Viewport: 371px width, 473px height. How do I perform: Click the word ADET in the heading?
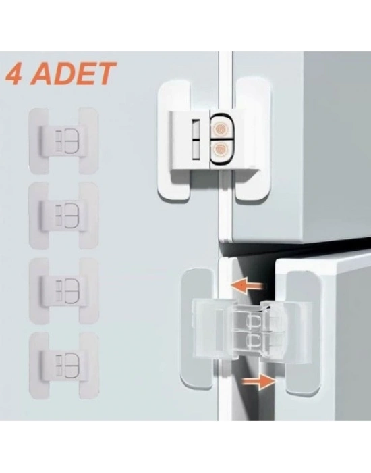click(77, 74)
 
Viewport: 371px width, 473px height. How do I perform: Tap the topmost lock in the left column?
click(63, 141)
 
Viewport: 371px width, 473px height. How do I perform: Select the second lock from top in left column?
click(63, 216)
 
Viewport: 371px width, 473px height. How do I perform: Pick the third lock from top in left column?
click(63, 291)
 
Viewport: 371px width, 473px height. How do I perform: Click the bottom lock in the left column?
click(63, 366)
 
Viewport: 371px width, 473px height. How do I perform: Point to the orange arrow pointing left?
click(248, 285)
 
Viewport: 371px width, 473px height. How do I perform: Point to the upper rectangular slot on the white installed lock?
click(196, 129)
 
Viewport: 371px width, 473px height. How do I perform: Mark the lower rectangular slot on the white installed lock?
click(196, 151)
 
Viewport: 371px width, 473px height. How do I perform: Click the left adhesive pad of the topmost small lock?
click(38, 141)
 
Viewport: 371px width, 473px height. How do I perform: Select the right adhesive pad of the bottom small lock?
click(89, 366)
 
